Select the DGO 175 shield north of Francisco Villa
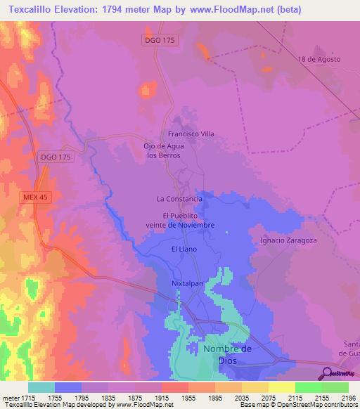pyautogui.click(x=160, y=39)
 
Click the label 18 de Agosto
pyautogui.click(x=319, y=59)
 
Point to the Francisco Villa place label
pyautogui.click(x=191, y=134)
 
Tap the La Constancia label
pyautogui.click(x=179, y=199)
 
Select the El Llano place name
pyautogui.click(x=184, y=249)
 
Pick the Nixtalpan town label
pyautogui.click(x=187, y=283)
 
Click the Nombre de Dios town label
pyautogui.click(x=227, y=354)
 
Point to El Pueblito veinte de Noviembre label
pyautogui.click(x=188, y=220)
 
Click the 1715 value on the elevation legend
pyautogui.click(x=28, y=398)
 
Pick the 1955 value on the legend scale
pyautogui.click(x=187, y=398)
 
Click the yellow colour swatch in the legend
pyautogui.click(x=282, y=387)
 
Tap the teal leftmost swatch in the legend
pyautogui.click(x=41, y=387)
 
